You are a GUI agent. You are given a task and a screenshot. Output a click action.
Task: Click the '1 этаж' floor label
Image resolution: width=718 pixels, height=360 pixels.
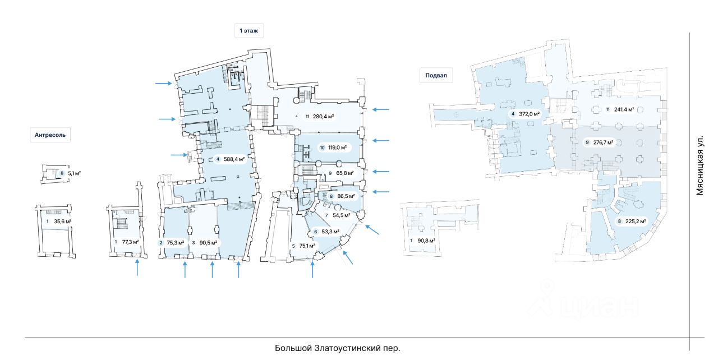(248, 31)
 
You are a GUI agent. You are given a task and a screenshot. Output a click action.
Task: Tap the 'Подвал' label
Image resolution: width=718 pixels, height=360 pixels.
(436, 76)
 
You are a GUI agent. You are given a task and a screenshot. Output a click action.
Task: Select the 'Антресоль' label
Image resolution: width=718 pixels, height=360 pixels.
(50, 135)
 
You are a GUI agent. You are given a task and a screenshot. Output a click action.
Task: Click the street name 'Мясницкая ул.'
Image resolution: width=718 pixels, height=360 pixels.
(699, 164)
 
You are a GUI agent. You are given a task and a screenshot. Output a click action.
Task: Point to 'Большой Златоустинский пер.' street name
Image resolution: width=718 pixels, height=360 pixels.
(338, 348)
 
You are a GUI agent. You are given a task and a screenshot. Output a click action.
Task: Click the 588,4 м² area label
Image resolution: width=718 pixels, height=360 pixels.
(234, 159)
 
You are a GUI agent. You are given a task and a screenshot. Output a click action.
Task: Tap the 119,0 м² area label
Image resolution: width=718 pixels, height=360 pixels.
(337, 148)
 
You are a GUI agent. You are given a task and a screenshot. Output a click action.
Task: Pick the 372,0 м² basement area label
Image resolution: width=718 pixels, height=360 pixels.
(529, 114)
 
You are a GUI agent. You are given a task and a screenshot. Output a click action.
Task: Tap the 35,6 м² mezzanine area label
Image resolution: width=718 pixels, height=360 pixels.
(62, 221)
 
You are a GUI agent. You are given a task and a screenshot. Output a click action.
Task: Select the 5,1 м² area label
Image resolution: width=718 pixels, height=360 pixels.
(74, 174)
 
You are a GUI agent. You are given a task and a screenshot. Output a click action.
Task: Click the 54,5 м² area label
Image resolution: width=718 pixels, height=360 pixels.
(341, 215)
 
